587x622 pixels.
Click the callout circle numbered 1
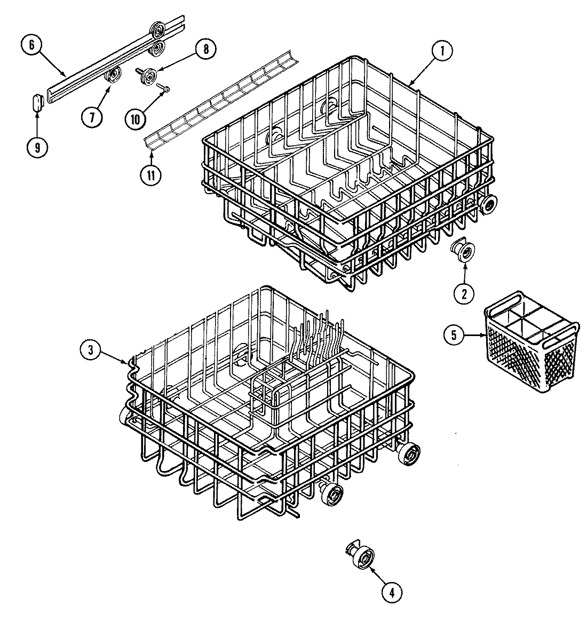coord(442,51)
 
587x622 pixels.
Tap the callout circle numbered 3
coord(91,350)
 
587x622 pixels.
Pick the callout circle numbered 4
coord(392,591)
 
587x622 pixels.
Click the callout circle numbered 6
coord(31,45)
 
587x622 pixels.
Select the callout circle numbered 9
coord(37,148)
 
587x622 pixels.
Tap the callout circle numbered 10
coord(135,118)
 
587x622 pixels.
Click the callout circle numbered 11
coord(152,176)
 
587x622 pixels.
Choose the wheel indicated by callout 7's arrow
coord(113,76)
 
